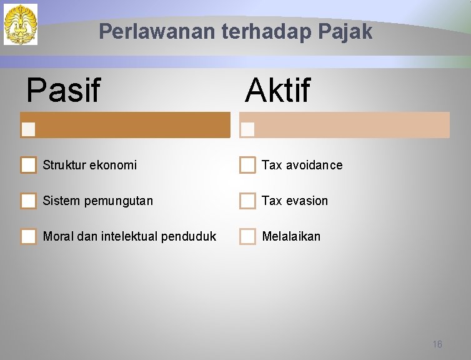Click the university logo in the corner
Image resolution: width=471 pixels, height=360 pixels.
[x=21, y=24]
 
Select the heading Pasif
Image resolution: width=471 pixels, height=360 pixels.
[x=63, y=90]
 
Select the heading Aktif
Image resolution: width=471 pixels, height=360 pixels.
[x=277, y=90]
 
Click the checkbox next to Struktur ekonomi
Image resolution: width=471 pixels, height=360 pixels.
[x=28, y=165]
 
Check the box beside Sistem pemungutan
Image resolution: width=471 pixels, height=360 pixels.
[x=28, y=201]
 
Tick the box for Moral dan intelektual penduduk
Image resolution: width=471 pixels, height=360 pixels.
[x=28, y=236]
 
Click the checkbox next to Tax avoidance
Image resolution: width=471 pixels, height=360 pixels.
[x=247, y=165]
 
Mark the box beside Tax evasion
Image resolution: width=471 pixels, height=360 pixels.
[x=247, y=201]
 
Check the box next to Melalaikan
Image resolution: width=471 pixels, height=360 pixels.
[x=247, y=236]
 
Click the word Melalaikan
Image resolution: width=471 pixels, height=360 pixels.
[x=291, y=236]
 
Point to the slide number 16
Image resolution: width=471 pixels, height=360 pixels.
[x=437, y=344]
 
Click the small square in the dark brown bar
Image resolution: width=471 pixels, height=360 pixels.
[x=28, y=129]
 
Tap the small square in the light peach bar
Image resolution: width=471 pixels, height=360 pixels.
[x=247, y=129]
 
